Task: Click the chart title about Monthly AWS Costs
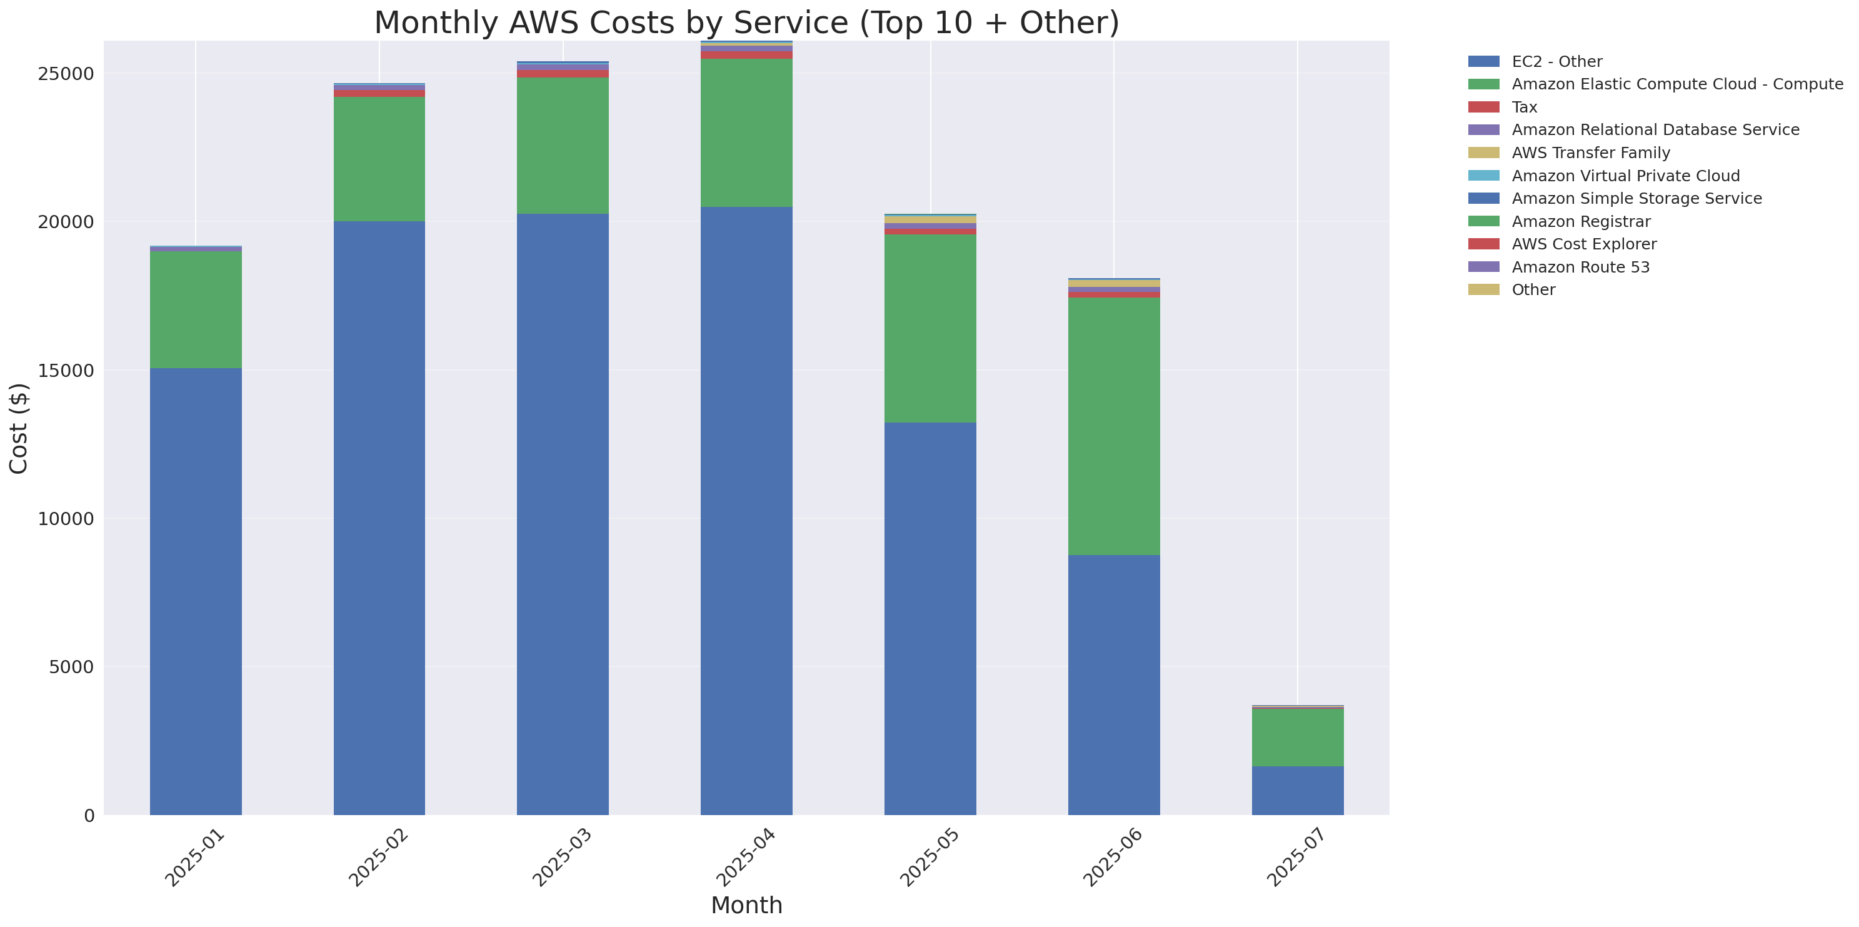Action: [746, 23]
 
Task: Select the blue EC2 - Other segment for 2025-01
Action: [196, 591]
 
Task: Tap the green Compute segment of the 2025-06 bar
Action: [1113, 426]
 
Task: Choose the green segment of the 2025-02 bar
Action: [379, 159]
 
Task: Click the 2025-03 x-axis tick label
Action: [562, 858]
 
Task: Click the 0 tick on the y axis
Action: [89, 815]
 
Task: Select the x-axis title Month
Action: [746, 904]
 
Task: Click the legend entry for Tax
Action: [1524, 107]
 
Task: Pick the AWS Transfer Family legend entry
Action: [1591, 153]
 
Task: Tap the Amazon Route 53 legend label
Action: [1580, 267]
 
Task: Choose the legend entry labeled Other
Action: [1533, 289]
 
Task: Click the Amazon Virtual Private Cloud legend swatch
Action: [1483, 175]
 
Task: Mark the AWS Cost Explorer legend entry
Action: [1583, 244]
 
